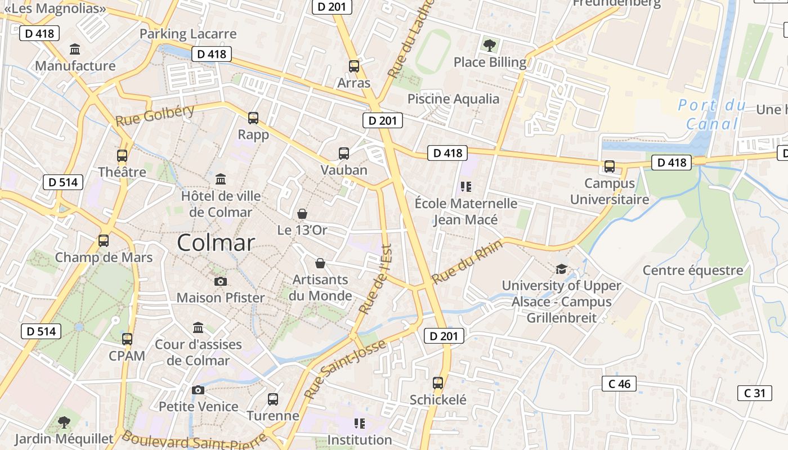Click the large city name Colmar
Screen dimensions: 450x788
coord(216,243)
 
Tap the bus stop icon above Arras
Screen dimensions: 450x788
coord(353,66)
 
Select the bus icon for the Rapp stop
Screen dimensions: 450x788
coord(253,118)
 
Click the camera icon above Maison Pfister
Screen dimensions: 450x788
coord(221,281)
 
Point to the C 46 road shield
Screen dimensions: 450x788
coord(619,384)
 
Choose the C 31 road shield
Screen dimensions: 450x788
coord(754,393)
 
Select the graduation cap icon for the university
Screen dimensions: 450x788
coord(561,269)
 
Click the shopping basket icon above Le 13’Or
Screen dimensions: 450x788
coord(302,214)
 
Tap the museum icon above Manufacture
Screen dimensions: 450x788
coord(75,49)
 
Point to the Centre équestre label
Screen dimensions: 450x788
coord(693,271)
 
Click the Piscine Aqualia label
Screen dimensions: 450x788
coord(453,99)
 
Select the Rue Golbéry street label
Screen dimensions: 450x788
coord(155,115)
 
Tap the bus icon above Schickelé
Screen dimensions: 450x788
coord(438,383)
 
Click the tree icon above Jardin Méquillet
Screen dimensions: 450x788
coord(64,422)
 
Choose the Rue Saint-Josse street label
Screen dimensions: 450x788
coord(346,369)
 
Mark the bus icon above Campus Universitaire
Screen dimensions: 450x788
coord(609,166)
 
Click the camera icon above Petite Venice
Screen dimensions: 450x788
coord(198,390)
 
